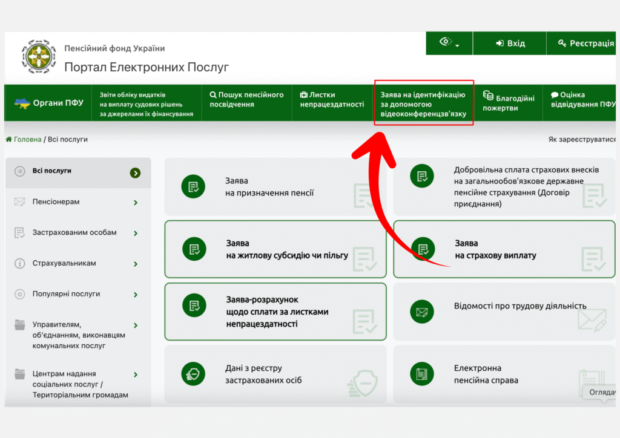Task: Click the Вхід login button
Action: click(510, 43)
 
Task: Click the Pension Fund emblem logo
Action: click(38, 56)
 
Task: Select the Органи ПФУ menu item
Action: click(48, 103)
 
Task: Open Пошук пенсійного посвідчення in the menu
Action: click(247, 100)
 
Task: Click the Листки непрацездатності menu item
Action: click(332, 100)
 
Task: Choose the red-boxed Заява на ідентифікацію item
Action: click(423, 104)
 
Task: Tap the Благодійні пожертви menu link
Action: click(509, 101)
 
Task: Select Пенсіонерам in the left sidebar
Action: click(56, 202)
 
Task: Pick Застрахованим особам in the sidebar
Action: click(74, 233)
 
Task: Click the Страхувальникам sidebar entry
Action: click(64, 263)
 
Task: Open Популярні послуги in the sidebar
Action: click(66, 294)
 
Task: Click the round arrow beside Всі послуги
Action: click(135, 173)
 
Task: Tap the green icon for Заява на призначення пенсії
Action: click(193, 186)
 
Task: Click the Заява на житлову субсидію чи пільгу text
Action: click(286, 249)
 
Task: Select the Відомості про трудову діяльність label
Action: click(520, 306)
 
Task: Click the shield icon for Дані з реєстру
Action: click(193, 374)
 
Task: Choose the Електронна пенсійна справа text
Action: click(486, 374)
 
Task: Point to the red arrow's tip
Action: click(380, 134)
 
